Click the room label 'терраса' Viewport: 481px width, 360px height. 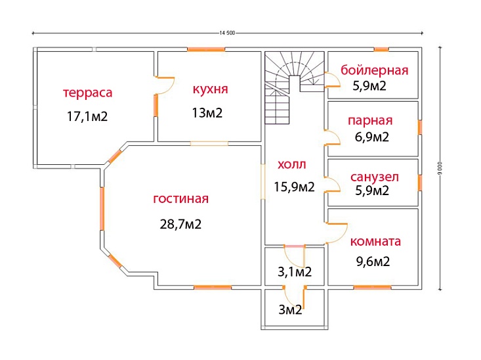(x=87, y=93)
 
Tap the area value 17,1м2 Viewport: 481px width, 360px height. (x=87, y=117)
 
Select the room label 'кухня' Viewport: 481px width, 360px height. (x=210, y=89)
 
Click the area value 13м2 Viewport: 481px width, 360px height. (x=207, y=113)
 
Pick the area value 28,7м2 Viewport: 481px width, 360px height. (x=180, y=224)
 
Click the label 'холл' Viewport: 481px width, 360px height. (x=292, y=164)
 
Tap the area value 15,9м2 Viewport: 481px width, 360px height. (x=294, y=187)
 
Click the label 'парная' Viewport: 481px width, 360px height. (x=371, y=120)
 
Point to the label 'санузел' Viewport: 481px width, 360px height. (x=375, y=178)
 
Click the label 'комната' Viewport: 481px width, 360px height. (x=375, y=241)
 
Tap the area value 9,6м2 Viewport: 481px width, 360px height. (x=373, y=261)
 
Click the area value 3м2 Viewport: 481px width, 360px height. (x=290, y=310)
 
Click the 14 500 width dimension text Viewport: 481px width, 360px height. (x=228, y=33)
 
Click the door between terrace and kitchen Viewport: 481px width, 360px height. (x=164, y=84)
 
